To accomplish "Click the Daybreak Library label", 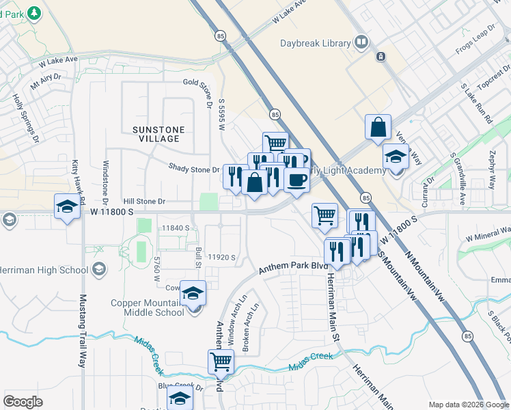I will point(315,43).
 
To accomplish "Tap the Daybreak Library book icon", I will point(361,43).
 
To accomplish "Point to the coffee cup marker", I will point(296,180).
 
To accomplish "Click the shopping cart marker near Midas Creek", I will point(221,361).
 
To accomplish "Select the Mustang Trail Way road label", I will point(83,331).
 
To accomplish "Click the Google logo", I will point(23,402).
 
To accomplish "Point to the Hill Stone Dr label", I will point(144,202).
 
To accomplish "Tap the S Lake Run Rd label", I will point(476,103).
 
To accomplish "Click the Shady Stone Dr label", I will point(194,169).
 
